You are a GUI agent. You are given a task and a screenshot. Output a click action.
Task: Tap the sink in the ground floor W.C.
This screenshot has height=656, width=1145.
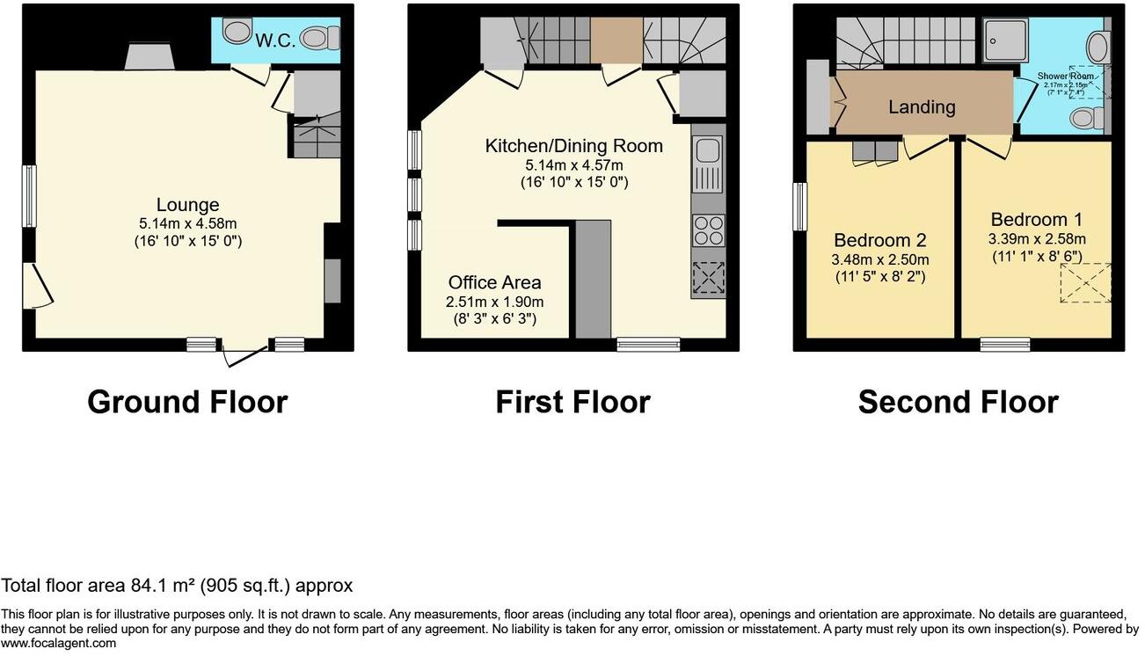point(236,33)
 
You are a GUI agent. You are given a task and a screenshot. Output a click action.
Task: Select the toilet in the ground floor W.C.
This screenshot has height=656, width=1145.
point(318,38)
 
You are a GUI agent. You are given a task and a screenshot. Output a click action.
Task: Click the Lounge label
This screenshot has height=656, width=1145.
point(187,205)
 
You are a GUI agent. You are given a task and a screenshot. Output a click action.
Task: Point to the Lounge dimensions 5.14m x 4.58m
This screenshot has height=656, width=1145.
point(187,222)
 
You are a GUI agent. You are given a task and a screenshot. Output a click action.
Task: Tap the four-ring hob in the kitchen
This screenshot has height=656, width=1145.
point(708,230)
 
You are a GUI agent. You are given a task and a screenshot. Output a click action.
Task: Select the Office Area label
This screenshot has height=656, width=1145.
point(494,282)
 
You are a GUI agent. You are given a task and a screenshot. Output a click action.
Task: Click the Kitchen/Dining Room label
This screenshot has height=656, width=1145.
point(573,146)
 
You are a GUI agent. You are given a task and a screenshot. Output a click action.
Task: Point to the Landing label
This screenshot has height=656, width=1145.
point(921,107)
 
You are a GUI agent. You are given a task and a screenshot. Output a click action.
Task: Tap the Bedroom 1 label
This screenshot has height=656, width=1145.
point(1036,220)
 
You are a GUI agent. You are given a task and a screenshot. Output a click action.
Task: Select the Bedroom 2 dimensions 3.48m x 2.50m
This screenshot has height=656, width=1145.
point(880,259)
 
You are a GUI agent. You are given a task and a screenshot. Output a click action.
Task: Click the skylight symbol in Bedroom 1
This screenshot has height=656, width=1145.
point(1085,282)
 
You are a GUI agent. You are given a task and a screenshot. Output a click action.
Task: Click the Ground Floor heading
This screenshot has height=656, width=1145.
point(187,402)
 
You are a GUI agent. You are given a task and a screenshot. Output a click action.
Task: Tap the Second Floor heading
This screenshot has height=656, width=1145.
point(958,402)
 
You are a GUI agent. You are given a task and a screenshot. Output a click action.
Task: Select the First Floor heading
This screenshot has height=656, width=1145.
point(572,402)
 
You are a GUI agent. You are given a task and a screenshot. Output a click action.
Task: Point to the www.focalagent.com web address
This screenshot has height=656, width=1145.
point(58,643)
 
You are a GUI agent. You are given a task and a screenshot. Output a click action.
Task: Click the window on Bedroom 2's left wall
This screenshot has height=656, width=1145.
point(799,207)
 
